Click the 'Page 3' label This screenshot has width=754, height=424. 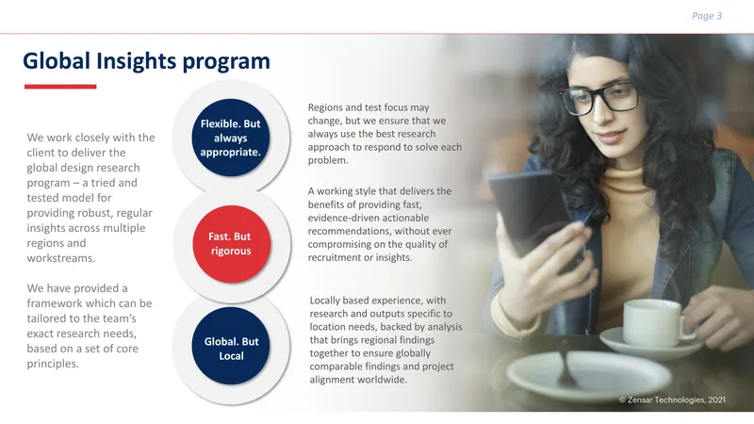click(707, 16)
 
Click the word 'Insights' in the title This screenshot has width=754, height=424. click(136, 62)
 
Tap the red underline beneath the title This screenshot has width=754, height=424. click(60, 87)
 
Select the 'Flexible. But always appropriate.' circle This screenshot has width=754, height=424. click(231, 138)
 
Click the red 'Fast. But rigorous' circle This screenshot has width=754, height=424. click(231, 244)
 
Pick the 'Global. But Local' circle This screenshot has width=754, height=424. click(231, 346)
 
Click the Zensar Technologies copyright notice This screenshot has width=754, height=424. click(672, 400)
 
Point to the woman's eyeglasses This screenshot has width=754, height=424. click(599, 99)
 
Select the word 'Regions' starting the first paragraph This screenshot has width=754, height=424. click(325, 107)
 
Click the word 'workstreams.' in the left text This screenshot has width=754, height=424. click(61, 258)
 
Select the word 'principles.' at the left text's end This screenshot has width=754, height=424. click(53, 364)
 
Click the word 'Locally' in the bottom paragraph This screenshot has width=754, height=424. click(325, 301)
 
